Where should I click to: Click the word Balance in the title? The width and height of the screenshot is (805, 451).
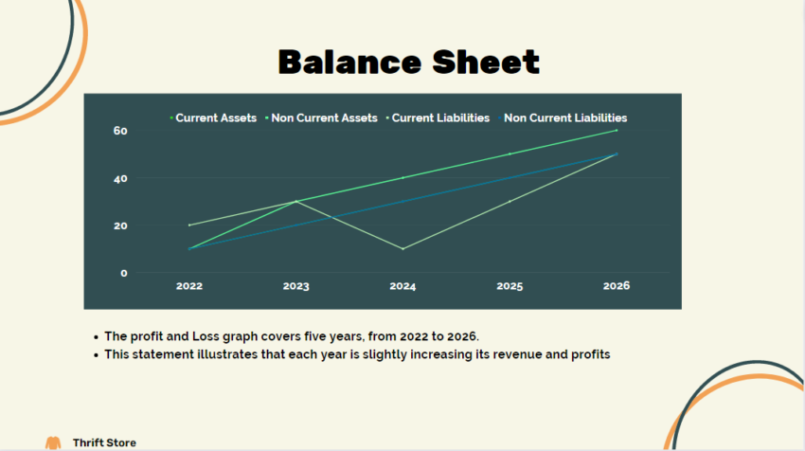345,63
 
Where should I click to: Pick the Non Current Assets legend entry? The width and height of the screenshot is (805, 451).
323,118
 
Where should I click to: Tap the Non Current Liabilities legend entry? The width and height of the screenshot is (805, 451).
564,118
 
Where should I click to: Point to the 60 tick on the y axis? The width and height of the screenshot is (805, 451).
120,131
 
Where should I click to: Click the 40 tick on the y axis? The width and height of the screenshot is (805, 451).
120,178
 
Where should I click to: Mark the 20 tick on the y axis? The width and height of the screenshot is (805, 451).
120,225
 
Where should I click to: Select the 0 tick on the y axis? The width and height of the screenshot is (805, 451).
123,273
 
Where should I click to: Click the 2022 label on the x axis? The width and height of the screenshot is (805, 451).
189,285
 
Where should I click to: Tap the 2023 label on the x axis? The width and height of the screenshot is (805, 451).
296,285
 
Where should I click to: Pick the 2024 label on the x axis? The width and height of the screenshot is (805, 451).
402,285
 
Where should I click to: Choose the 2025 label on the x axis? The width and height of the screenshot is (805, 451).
510,285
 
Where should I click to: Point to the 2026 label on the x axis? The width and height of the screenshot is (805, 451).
616,285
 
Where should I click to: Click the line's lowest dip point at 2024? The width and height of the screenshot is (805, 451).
402,249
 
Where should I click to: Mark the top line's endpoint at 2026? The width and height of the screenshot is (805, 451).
616,131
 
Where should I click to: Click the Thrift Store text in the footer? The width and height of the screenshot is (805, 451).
104,442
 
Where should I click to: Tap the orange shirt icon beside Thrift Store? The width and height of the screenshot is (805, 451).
53,442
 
